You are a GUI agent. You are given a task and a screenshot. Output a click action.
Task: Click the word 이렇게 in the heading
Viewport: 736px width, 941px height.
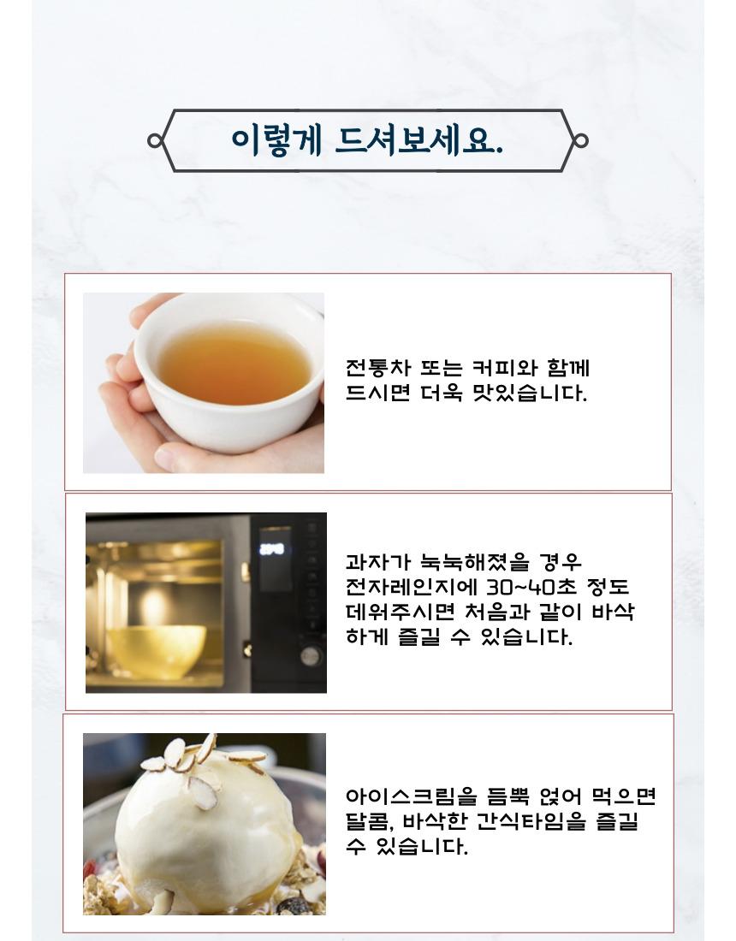click(276, 142)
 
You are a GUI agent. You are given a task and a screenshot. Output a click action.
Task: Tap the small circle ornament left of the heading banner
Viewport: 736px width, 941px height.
click(154, 141)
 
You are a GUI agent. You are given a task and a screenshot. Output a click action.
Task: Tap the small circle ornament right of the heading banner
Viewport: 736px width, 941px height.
click(580, 141)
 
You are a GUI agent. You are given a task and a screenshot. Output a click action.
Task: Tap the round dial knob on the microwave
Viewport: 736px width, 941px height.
click(311, 656)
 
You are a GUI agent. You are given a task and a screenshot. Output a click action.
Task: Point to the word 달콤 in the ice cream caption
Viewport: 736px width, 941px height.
click(367, 821)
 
